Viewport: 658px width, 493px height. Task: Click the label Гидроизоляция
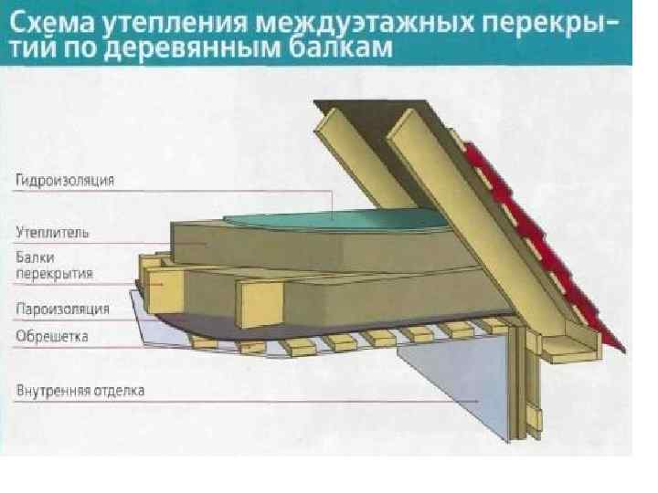pyautogui.click(x=64, y=181)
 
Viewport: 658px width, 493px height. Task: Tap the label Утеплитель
pyautogui.click(x=52, y=233)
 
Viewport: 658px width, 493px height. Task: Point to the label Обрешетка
pyautogui.click(x=52, y=337)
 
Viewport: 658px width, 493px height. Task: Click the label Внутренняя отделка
pyautogui.click(x=80, y=393)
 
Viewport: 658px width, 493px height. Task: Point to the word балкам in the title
pyautogui.click(x=342, y=47)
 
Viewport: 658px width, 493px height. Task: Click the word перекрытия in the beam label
pyautogui.click(x=55, y=273)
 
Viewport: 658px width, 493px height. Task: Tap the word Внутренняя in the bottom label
pyautogui.click(x=50, y=393)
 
